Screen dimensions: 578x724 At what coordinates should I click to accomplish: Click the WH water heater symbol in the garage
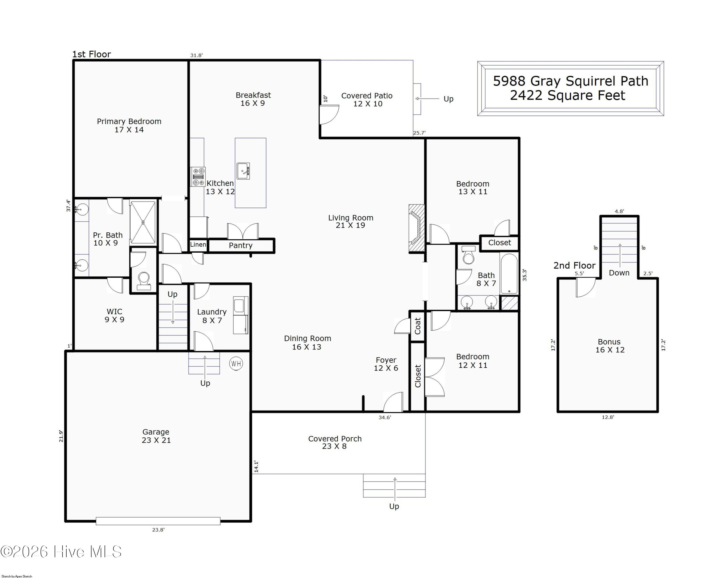pos(236,364)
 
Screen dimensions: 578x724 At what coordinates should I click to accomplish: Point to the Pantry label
pos(240,245)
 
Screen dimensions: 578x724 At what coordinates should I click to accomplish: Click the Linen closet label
pos(198,244)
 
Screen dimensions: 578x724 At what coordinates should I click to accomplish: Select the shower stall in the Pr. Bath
pos(143,222)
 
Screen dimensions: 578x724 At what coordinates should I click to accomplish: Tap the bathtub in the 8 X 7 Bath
pos(509,274)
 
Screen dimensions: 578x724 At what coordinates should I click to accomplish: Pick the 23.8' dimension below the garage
pos(158,530)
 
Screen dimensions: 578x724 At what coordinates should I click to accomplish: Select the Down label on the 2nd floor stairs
pos(619,273)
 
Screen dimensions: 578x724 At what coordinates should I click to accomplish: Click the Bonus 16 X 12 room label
pos(610,346)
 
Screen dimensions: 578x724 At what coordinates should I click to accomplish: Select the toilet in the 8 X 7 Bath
pos(468,255)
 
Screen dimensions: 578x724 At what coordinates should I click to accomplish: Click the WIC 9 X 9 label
pos(114,315)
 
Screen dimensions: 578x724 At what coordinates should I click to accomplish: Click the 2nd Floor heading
pos(574,265)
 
